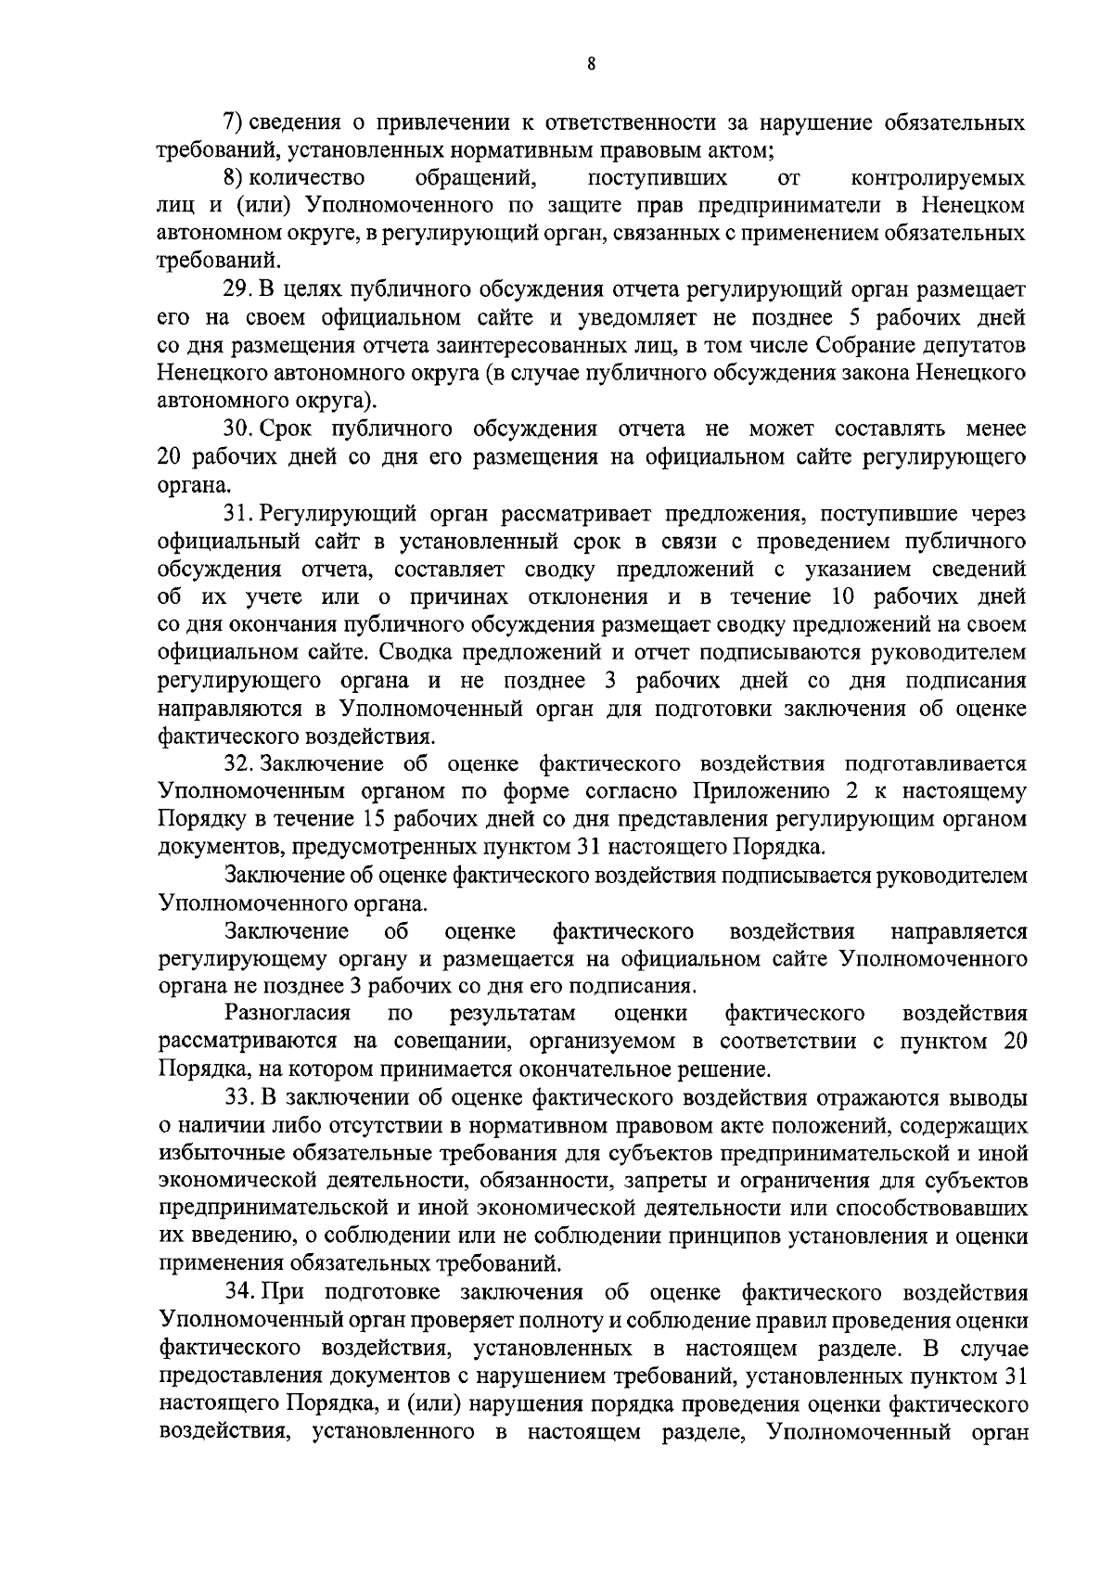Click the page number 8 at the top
coord(591,64)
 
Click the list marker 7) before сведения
coord(234,122)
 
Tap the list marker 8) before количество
coord(234,177)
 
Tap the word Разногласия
coord(287,1014)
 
